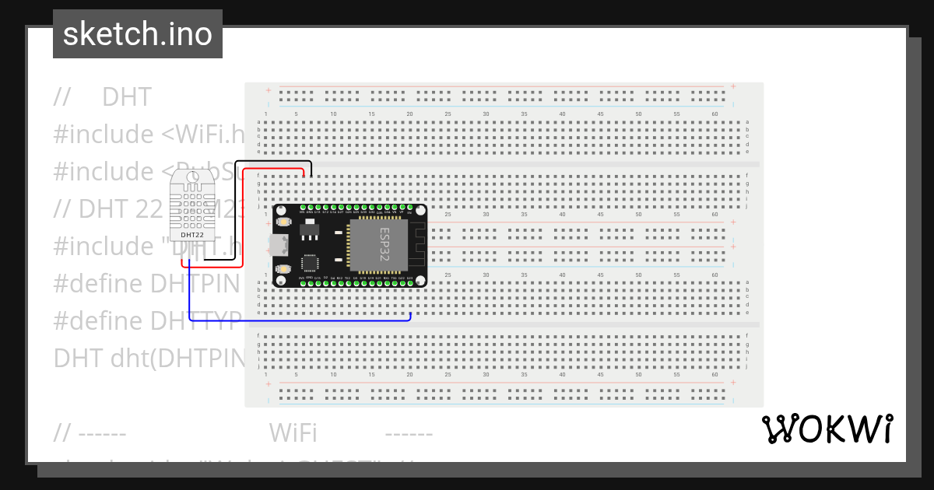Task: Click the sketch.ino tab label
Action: (137, 34)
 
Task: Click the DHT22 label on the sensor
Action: (192, 233)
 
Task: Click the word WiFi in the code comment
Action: (292, 432)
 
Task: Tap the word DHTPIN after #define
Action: (201, 283)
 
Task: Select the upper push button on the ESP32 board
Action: (283, 222)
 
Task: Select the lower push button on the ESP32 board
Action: (283, 269)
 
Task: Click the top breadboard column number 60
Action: (715, 114)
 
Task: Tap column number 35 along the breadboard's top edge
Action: (524, 114)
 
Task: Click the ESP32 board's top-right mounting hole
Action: (420, 211)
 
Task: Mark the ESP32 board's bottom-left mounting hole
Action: (279, 281)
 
